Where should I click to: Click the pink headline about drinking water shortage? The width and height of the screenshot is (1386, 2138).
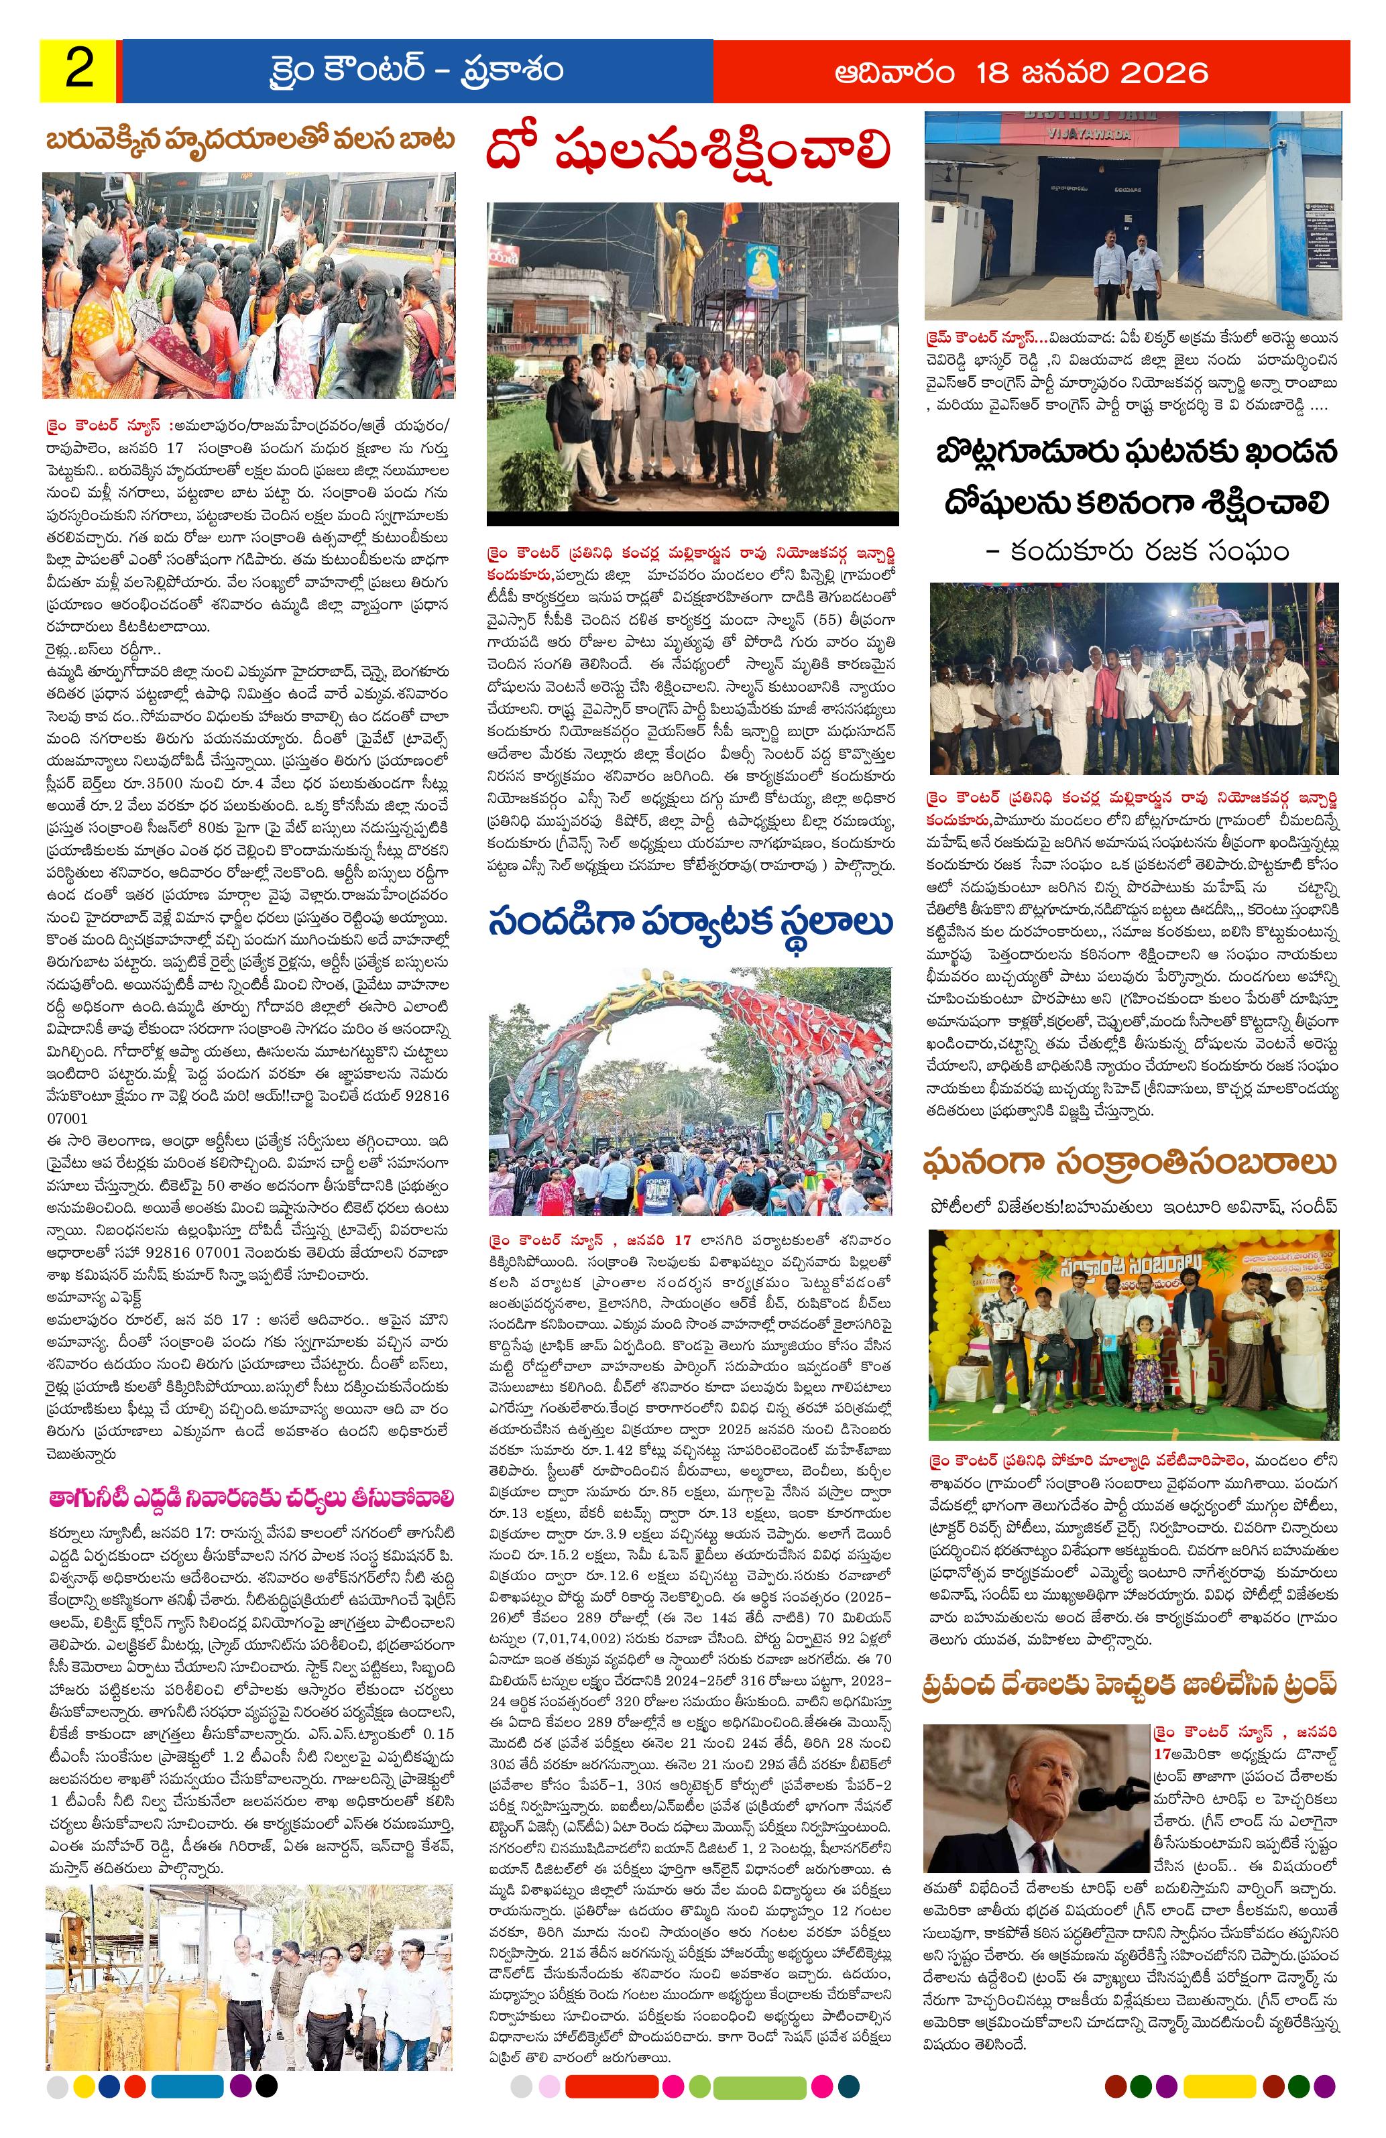click(x=251, y=1498)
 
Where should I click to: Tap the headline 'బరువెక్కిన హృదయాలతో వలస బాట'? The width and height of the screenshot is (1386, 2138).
click(x=251, y=140)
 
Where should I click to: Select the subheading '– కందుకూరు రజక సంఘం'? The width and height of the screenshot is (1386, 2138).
click(x=1137, y=550)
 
